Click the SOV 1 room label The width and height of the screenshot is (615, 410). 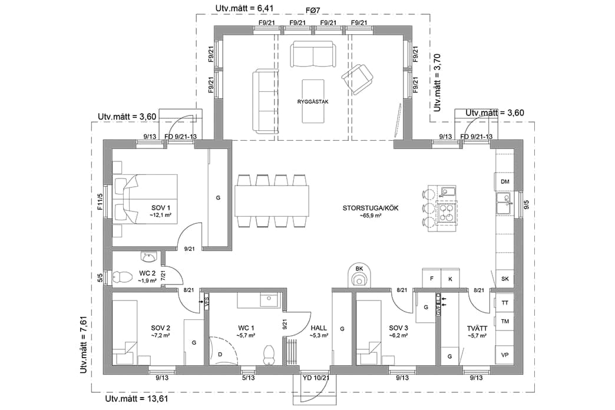click(160, 208)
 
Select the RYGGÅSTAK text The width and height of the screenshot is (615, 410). click(313, 101)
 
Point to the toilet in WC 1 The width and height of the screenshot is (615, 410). click(269, 354)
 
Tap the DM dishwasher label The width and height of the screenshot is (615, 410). click(505, 182)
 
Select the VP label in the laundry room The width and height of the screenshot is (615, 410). click(505, 355)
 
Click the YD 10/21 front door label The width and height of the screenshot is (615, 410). click(316, 378)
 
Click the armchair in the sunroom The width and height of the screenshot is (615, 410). click(358, 78)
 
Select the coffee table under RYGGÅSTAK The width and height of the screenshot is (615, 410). click(313, 101)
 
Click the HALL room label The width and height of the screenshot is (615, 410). click(319, 328)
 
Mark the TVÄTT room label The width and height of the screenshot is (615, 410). click(476, 328)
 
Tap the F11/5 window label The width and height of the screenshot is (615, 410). click(101, 201)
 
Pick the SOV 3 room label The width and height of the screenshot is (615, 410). click(398, 328)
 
